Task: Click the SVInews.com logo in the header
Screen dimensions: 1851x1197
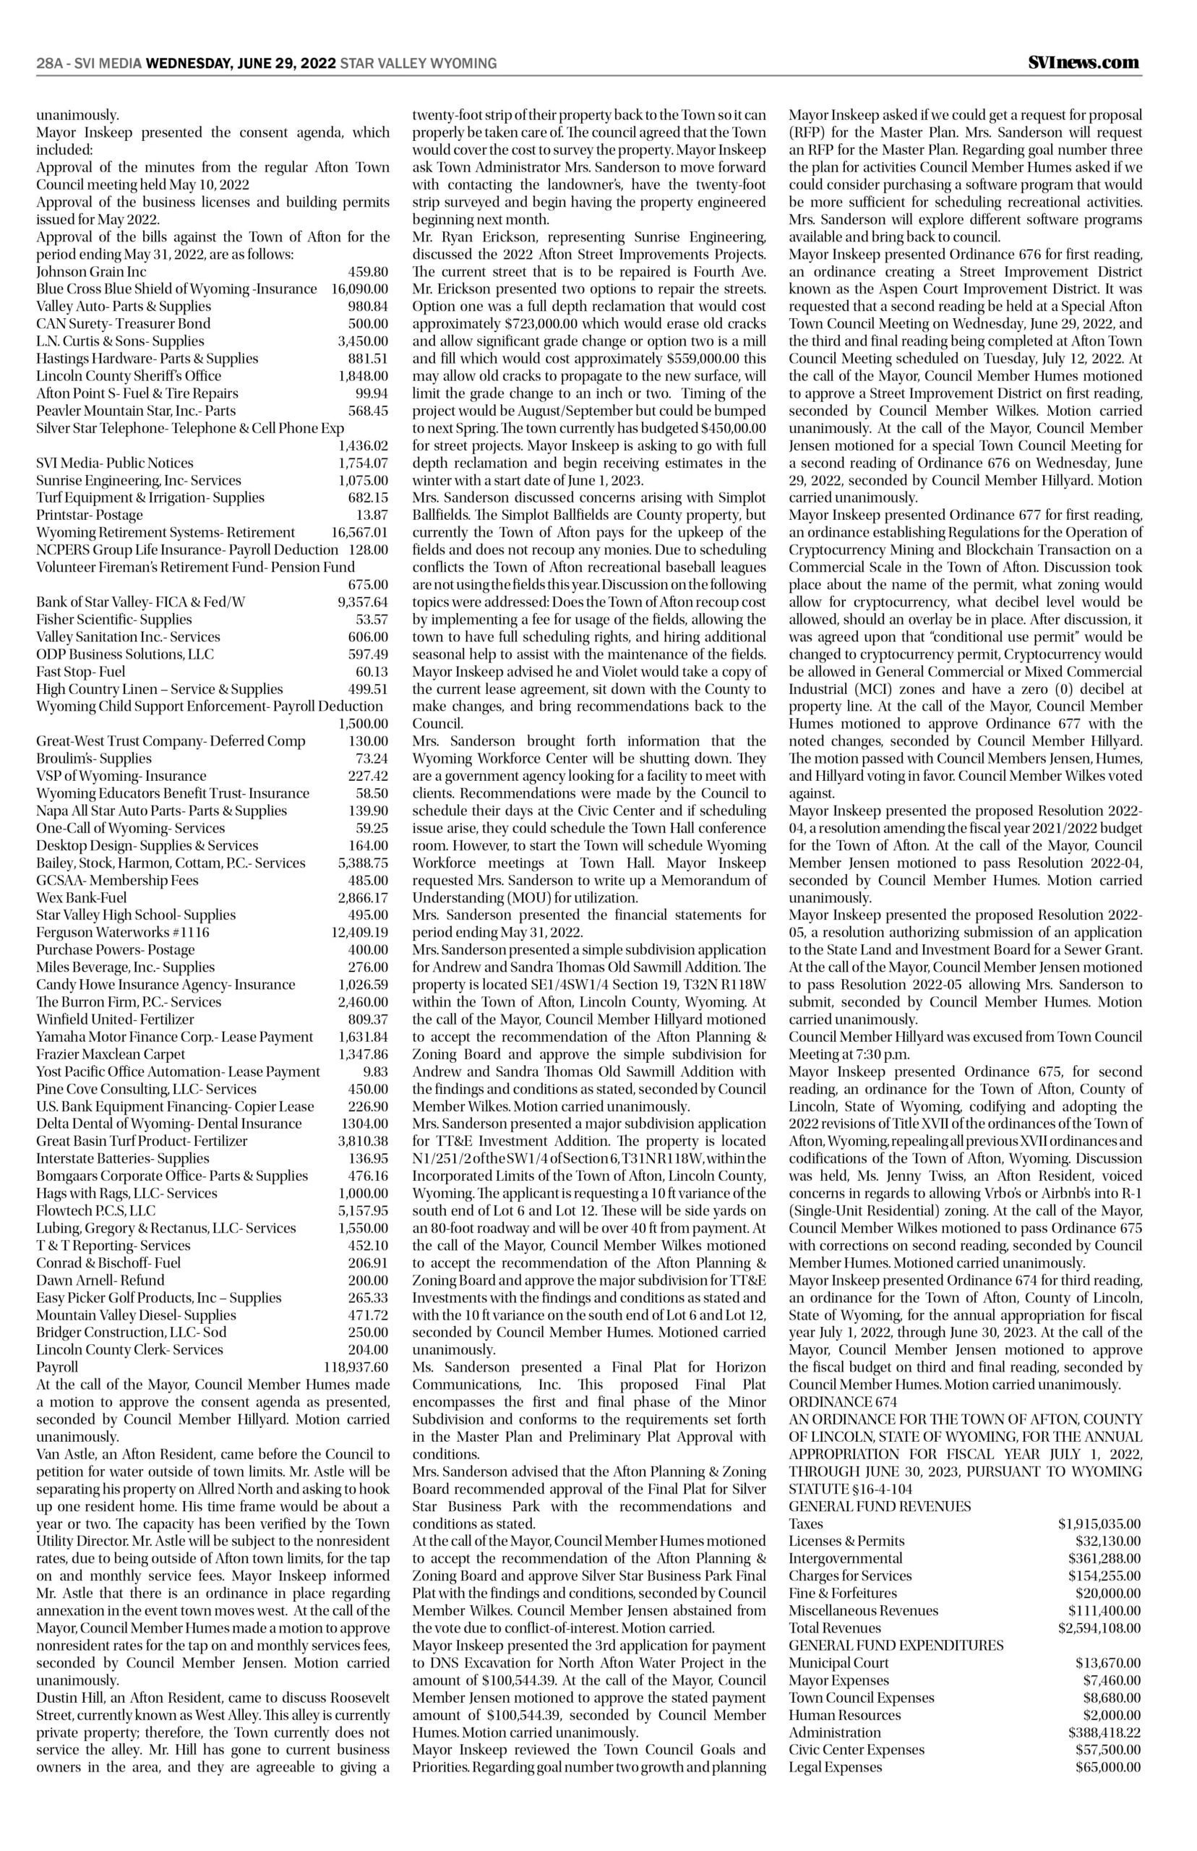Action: [1080, 63]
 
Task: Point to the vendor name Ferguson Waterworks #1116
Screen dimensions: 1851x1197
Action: [123, 932]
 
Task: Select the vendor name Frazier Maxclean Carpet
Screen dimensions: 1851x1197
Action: [111, 1054]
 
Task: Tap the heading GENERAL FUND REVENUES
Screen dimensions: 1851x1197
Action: [880, 1506]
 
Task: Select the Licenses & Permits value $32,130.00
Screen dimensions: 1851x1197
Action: [1107, 1541]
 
